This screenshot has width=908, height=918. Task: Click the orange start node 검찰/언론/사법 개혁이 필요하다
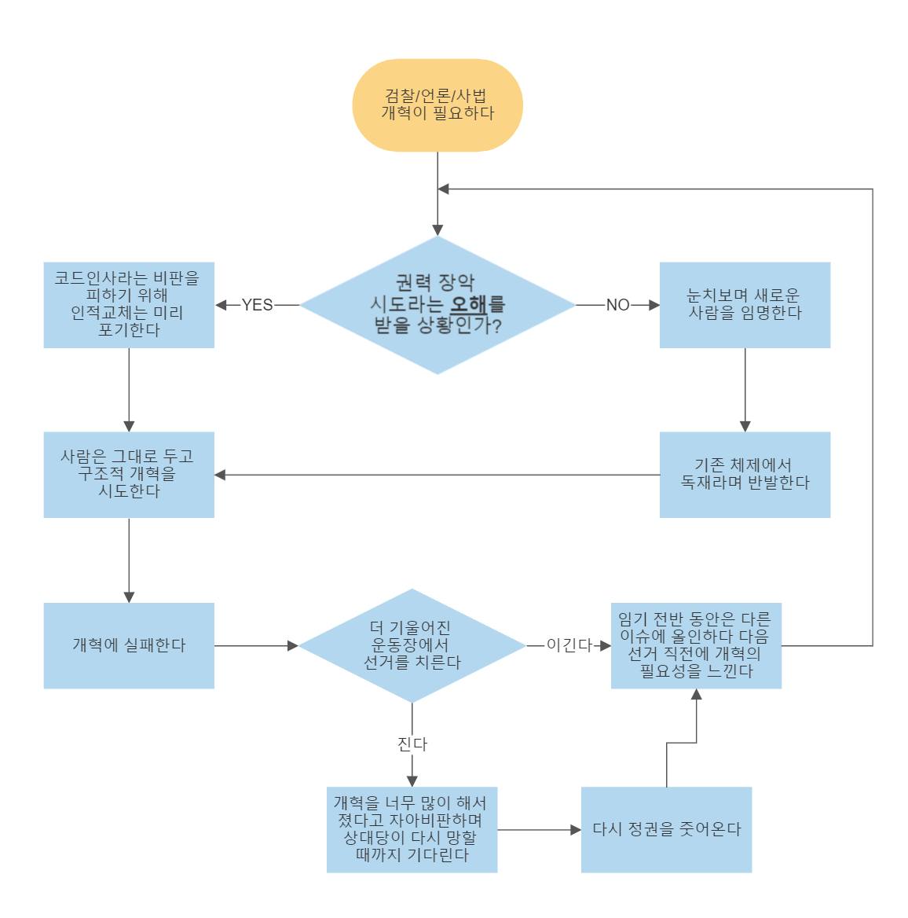coord(438,105)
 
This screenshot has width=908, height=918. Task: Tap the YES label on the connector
coord(257,305)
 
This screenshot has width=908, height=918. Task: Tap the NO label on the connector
coord(617,305)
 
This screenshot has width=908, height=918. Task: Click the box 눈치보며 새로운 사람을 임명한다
coord(745,305)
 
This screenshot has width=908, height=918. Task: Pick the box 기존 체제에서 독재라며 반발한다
coord(745,475)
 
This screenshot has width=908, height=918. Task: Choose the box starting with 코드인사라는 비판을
coord(129,305)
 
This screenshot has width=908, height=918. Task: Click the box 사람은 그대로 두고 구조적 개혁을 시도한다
coord(129,475)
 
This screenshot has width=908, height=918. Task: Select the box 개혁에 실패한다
coord(129,646)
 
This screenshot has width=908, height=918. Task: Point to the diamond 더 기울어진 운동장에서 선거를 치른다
coord(412,646)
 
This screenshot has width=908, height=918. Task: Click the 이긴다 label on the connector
coord(569,645)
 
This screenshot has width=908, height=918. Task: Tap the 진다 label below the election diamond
coord(412,744)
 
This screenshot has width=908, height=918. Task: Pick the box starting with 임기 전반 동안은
coord(696,646)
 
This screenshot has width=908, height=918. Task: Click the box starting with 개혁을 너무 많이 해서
coord(412,830)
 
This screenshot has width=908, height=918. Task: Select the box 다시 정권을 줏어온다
coord(666,830)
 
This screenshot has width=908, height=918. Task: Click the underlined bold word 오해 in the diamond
coord(469,304)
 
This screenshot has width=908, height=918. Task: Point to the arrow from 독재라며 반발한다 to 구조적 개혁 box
coord(437,475)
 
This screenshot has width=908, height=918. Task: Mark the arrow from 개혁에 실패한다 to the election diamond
coord(256,646)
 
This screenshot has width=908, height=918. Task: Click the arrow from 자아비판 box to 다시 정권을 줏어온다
coord(539,830)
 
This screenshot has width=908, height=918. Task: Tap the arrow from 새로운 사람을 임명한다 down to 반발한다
coord(745,390)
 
